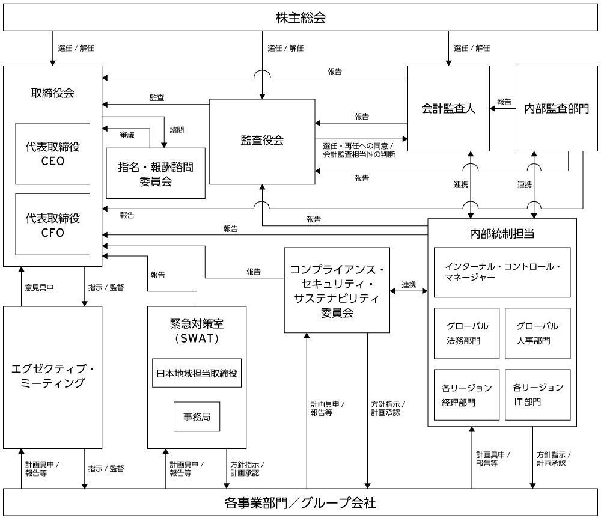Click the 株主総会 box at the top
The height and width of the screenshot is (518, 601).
point(300,17)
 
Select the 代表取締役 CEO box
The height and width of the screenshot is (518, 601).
point(53,154)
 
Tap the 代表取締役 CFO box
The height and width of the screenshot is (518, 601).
point(53,224)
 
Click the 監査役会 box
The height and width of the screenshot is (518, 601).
point(262,141)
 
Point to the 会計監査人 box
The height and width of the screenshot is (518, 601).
point(448,108)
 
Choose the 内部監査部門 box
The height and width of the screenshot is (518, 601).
point(557,108)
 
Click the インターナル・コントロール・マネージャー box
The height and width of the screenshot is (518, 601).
point(502,272)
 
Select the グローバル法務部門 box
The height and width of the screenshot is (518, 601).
point(467,334)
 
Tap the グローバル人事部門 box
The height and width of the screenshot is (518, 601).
point(537,334)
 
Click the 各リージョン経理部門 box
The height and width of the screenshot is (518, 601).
point(467,394)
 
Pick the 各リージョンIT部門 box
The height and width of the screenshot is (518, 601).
point(537,394)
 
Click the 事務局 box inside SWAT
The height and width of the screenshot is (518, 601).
point(197,415)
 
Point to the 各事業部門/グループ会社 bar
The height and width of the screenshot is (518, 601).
point(300,502)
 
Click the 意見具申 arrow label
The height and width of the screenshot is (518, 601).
point(39,288)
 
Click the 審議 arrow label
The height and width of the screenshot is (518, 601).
point(127,136)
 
